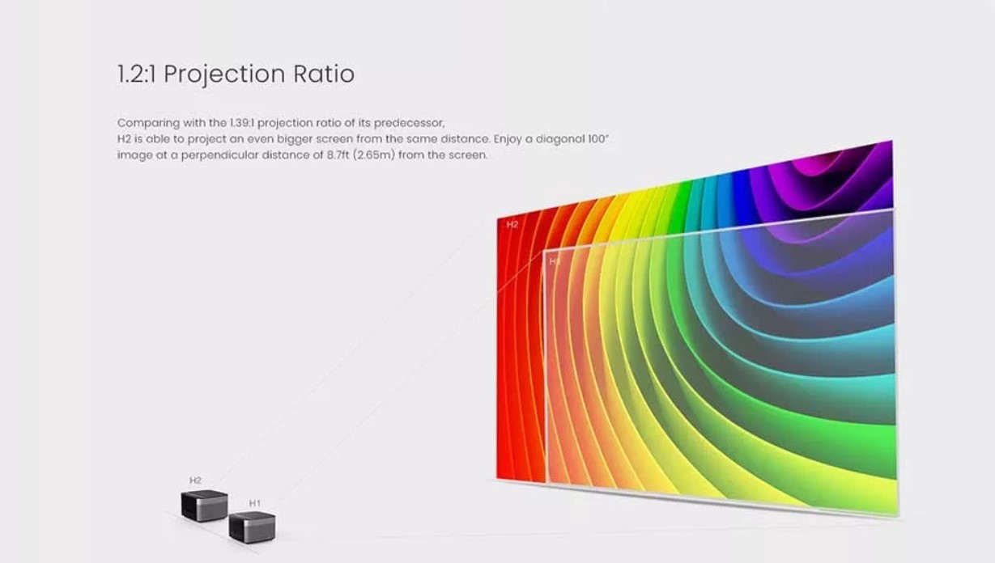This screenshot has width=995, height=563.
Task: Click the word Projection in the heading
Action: [224, 74]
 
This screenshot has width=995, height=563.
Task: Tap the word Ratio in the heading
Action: [324, 74]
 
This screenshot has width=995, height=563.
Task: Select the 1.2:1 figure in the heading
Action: [136, 74]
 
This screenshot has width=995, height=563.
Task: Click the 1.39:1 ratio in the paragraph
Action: [242, 122]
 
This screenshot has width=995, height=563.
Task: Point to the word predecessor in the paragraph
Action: [409, 123]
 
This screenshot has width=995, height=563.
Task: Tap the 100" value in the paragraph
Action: [597, 139]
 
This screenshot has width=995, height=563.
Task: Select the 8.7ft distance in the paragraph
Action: [338, 155]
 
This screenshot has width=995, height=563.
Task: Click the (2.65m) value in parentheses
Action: [374, 155]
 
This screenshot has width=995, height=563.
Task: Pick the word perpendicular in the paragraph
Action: [219, 155]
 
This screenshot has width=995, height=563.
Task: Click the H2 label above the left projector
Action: [195, 480]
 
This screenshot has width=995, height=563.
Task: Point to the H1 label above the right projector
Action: [254, 503]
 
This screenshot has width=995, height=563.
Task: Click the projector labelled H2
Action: [204, 506]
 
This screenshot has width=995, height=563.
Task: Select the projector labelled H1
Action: [252, 527]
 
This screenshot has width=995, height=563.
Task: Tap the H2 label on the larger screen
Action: [512, 225]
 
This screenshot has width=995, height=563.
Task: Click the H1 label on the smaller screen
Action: [555, 262]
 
